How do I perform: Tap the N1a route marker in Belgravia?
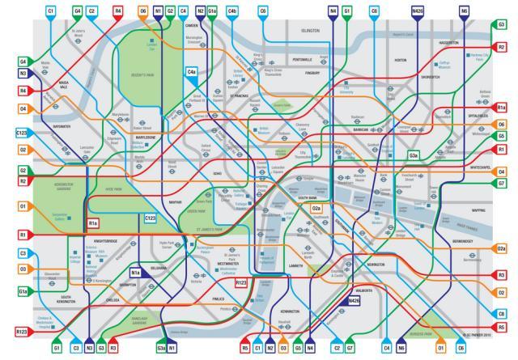136,273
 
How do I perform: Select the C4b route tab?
232,11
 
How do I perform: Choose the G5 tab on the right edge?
502,137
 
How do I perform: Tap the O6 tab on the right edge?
502,125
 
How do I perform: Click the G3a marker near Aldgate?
413,154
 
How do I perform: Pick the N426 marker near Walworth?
354,301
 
